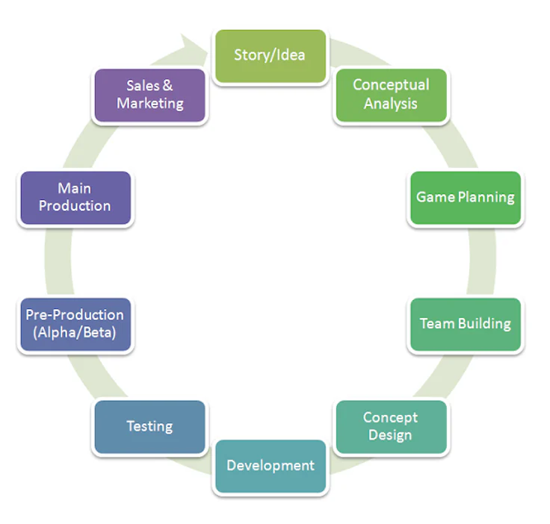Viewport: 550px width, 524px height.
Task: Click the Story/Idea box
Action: click(x=270, y=55)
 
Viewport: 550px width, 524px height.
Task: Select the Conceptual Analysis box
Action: click(x=391, y=95)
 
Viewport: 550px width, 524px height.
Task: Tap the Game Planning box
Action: click(x=465, y=198)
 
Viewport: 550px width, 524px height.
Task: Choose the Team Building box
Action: click(x=465, y=324)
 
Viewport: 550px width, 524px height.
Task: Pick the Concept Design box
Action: click(x=390, y=426)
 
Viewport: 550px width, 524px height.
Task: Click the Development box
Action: click(x=270, y=466)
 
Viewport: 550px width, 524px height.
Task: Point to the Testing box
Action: click(x=149, y=426)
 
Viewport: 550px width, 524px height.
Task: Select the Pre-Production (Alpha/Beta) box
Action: click(x=75, y=324)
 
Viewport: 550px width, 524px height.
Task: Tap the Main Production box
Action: click(x=75, y=198)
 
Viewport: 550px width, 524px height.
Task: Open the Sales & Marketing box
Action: click(x=149, y=95)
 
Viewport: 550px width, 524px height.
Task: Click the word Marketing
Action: click(x=149, y=104)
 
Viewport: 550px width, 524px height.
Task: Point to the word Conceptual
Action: click(x=391, y=85)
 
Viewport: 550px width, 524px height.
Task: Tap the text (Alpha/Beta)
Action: click(x=75, y=333)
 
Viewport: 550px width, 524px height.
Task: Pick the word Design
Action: click(x=390, y=435)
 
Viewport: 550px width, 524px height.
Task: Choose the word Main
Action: click(x=75, y=189)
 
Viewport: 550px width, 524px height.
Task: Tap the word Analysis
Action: click(x=391, y=104)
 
